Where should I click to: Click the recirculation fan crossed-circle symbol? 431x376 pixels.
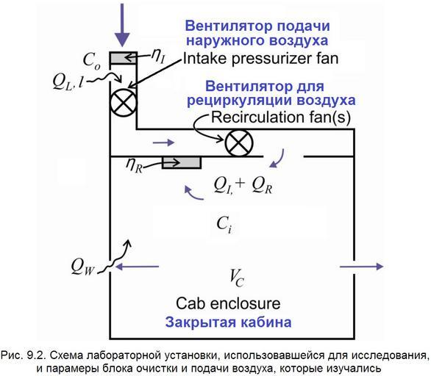point(238,143)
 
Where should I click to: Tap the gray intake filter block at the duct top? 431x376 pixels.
point(124,58)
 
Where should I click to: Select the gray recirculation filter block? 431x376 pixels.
point(182,163)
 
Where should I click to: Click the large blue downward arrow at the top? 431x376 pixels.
point(122,25)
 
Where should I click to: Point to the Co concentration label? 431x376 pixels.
point(91,61)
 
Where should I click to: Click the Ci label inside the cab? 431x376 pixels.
point(224,224)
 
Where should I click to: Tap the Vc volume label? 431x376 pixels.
point(237,278)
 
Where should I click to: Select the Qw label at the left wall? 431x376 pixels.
point(82,267)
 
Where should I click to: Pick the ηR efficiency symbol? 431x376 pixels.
point(134,165)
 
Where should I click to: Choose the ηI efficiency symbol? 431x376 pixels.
point(158,57)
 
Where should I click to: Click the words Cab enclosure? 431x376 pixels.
point(228,303)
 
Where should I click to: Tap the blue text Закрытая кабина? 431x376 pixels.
point(228,322)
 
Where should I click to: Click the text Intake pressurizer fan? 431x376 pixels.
point(260,59)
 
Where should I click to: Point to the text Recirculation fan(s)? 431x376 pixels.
point(281,117)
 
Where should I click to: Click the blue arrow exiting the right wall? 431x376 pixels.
point(362,267)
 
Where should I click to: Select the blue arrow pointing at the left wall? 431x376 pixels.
point(137,267)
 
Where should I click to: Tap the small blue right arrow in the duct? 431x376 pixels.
point(163,142)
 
